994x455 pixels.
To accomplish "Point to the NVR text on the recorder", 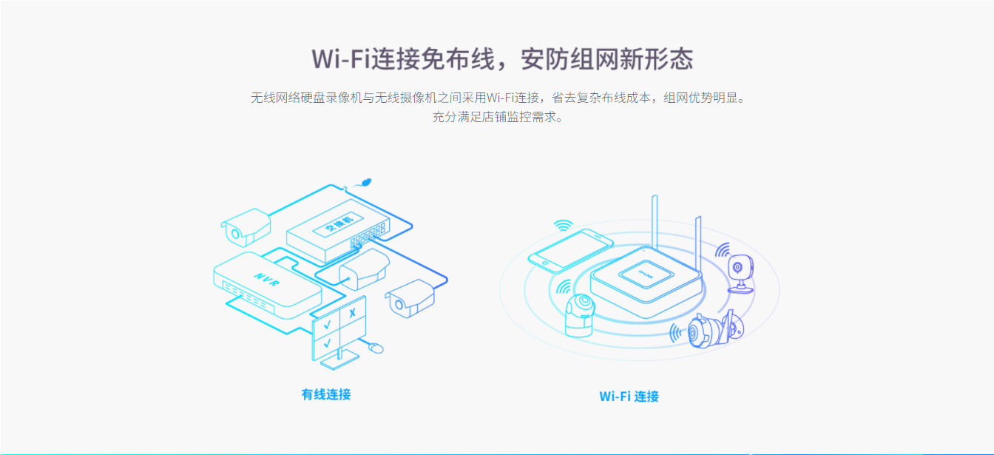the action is coord(267,279).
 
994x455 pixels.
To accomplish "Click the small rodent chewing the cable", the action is coord(365,183).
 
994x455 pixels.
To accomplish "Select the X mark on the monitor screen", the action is coord(352,313).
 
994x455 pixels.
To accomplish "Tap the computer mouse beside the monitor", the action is coord(376,348).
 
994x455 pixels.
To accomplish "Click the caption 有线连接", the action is coord(326,394).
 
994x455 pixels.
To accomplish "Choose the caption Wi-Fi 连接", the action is coord(629,396).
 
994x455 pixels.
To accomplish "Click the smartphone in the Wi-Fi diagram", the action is coord(571,250).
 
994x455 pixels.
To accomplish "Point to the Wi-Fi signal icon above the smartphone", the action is coord(563,225).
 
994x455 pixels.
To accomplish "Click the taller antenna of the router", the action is coord(655,222).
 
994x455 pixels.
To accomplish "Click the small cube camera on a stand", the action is coord(740,274).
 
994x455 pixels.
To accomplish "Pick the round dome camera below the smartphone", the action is coord(580,315).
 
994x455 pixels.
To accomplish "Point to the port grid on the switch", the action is coord(368,235).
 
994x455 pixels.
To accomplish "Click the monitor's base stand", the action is coord(339,360).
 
